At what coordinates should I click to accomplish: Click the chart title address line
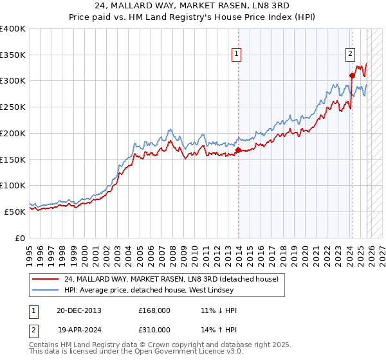(x=192, y=6)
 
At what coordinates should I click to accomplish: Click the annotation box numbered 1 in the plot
(x=237, y=55)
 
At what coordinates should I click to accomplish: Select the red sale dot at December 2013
(x=238, y=150)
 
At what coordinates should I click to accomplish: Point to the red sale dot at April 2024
(x=352, y=75)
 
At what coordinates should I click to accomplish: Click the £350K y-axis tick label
(x=13, y=55)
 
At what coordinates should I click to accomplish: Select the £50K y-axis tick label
(x=15, y=212)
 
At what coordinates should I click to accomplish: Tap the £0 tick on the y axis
(x=21, y=238)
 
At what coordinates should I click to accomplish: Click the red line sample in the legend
(x=46, y=279)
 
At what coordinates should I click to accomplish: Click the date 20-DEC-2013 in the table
(x=78, y=310)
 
